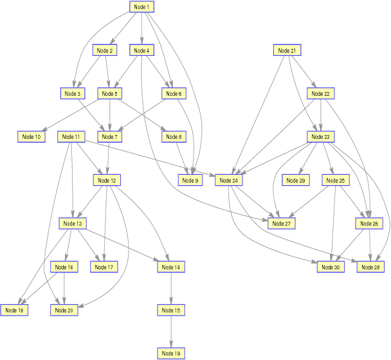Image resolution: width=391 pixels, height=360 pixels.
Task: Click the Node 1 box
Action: [x=141, y=6]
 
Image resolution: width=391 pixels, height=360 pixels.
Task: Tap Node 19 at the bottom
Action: [x=171, y=354]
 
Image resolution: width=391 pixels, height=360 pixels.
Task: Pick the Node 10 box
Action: [x=31, y=136]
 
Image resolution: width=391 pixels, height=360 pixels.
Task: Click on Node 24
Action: [x=228, y=181]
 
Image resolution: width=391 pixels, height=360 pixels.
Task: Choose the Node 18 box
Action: [x=14, y=310]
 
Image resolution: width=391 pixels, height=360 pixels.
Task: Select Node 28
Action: [x=370, y=267]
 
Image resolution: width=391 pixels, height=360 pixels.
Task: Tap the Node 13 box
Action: [x=73, y=223]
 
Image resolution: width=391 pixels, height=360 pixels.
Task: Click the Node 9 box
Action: [x=190, y=181]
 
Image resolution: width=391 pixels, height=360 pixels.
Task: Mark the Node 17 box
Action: [x=104, y=267]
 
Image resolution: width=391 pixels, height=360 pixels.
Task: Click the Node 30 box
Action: [x=331, y=267]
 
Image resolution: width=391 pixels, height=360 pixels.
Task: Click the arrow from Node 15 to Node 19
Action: [x=171, y=332]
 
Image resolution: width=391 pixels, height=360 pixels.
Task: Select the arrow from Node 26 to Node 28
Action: [x=370, y=246]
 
